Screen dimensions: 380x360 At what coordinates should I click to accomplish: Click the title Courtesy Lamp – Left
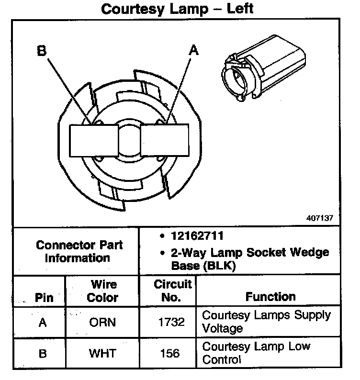(177, 9)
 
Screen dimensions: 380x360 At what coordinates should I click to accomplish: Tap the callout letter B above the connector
(42, 51)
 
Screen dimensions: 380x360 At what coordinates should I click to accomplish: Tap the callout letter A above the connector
(193, 51)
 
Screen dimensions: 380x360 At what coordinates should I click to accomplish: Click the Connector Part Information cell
(79, 251)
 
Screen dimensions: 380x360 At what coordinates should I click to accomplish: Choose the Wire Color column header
(102, 291)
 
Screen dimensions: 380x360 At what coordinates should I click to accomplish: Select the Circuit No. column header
(172, 291)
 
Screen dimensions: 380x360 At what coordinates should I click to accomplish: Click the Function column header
(270, 297)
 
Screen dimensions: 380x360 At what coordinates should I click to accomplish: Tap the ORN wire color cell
(102, 322)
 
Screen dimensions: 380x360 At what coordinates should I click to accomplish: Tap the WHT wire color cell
(102, 354)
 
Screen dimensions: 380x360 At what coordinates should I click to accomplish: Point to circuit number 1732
(171, 322)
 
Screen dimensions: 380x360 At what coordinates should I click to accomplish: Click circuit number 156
(169, 354)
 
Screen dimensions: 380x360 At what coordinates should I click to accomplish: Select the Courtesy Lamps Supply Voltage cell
(266, 322)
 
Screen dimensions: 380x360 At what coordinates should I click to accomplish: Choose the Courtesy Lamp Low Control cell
(256, 353)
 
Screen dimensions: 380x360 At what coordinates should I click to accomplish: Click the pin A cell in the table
(43, 322)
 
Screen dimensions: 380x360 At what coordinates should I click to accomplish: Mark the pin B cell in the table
(43, 354)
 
